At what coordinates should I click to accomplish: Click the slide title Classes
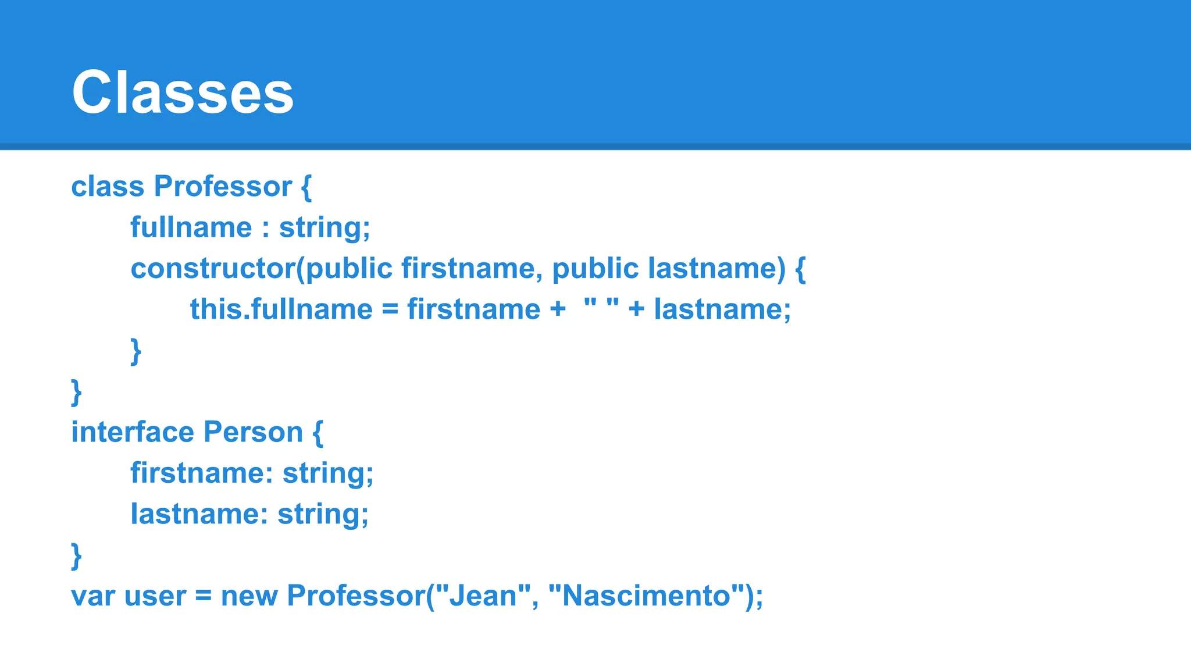coord(183,92)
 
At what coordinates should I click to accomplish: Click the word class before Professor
coord(108,187)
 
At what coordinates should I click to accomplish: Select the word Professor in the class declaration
coord(223,187)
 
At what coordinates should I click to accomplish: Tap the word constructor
coord(213,269)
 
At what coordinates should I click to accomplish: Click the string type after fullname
coord(324,227)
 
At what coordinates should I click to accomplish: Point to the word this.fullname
coord(281,309)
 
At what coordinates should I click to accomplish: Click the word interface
coord(132,432)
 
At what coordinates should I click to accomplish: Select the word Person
coord(253,432)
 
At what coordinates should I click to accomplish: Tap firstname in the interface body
coord(201,473)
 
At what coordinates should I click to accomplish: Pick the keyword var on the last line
coord(92,596)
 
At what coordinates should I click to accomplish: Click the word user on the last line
coord(155,596)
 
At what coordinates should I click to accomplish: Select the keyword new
coord(249,596)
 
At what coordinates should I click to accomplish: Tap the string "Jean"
coord(482,596)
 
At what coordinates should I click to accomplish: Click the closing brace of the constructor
coord(136,351)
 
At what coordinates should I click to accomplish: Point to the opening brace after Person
coord(318,433)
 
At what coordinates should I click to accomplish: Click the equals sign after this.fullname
coord(390,309)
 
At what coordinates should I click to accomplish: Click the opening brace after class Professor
coord(306,188)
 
